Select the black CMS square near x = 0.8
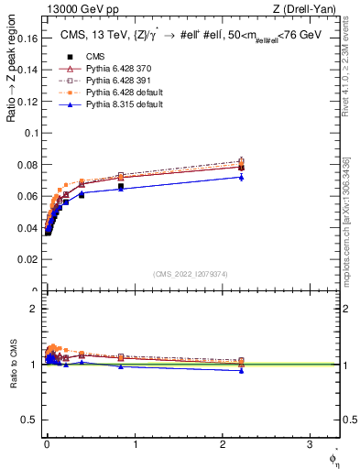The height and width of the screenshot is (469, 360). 121,187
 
